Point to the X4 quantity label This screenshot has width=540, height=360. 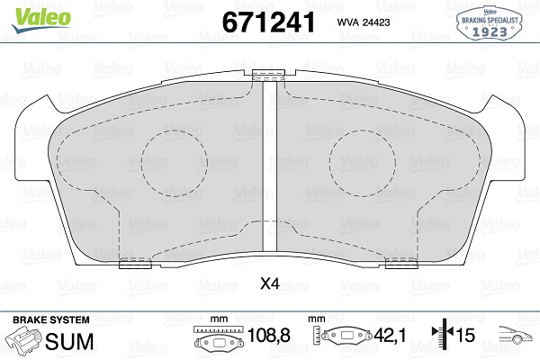(269, 284)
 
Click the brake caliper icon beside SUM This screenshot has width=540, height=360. (24, 340)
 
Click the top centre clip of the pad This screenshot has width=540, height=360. (267, 76)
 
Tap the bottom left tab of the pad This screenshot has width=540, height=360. (134, 263)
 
